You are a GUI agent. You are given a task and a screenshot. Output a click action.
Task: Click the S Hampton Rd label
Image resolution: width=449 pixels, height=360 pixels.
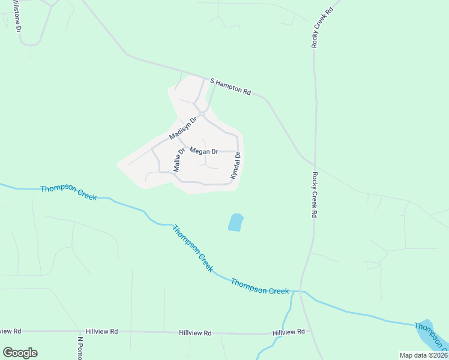pos(230,86)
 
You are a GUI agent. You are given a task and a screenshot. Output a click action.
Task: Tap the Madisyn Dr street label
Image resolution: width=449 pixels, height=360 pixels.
pos(183,127)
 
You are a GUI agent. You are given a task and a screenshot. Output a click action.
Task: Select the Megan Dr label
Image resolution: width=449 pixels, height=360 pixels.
pos(203,151)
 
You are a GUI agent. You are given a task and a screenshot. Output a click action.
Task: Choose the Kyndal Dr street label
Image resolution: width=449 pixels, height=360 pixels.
pos(235,166)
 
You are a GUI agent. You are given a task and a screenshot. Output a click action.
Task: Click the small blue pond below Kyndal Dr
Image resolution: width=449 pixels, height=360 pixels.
pos(235,223)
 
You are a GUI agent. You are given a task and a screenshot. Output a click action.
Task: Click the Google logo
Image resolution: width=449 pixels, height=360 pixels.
pos(20,352)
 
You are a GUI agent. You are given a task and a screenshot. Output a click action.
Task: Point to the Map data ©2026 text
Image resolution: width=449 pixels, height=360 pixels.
pos(423,355)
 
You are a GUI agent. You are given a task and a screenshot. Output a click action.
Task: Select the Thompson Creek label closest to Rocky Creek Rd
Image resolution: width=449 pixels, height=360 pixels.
pos(260,286)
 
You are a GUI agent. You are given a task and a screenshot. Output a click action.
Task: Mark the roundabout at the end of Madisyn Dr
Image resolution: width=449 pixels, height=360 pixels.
pos(202,113)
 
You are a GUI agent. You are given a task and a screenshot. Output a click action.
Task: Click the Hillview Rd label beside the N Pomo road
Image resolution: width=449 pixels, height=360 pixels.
pos(101,331)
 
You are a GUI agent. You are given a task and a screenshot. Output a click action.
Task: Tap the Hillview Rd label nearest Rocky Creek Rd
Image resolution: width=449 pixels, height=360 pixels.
pos(288,332)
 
